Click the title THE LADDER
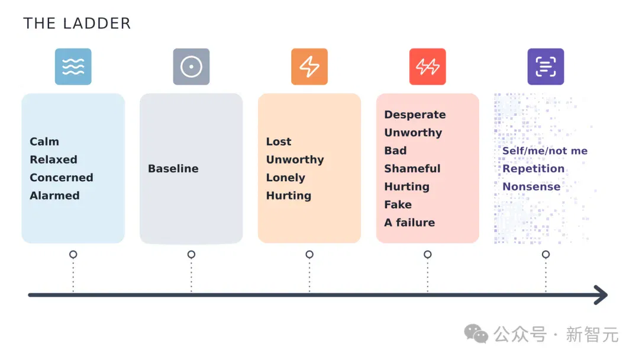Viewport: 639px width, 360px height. click(77, 23)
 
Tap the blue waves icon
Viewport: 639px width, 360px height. click(73, 66)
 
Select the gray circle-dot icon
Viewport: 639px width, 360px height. click(191, 66)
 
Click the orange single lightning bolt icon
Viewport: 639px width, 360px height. click(309, 66)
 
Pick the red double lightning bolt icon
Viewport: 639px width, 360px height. click(428, 66)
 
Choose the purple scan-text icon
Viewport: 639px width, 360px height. click(546, 66)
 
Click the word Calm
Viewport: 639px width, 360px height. click(44, 142)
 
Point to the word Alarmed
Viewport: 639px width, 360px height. click(54, 195)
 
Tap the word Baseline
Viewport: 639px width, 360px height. click(173, 168)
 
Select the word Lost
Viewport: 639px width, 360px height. click(279, 142)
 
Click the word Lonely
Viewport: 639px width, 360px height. click(286, 178)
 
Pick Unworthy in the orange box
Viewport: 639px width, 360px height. click(295, 160)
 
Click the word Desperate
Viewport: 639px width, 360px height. click(415, 114)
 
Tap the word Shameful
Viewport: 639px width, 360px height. click(412, 168)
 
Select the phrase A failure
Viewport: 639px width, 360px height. click(409, 222)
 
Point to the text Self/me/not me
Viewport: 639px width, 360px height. click(545, 151)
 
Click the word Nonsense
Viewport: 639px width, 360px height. click(531, 187)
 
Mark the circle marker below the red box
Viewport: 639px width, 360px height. click(428, 255)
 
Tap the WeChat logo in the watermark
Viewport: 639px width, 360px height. click(476, 334)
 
